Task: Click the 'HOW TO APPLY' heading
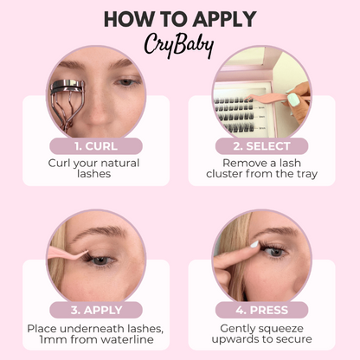coord(179,18)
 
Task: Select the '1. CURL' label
coord(95,145)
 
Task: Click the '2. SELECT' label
coord(261,145)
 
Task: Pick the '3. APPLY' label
coord(95,310)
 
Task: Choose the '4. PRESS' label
coord(261,310)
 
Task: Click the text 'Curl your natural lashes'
coord(95,168)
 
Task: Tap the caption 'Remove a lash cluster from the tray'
coord(261,168)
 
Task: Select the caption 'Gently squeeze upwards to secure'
coord(261,334)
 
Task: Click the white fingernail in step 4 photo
coord(254,245)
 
